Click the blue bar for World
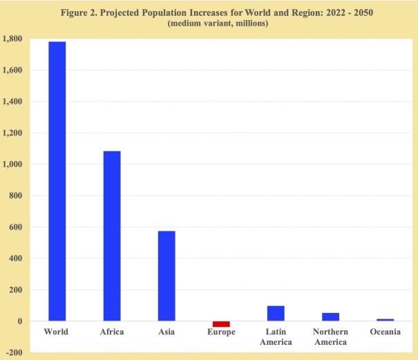pos(56,181)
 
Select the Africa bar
pos(111,236)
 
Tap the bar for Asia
pos(166,276)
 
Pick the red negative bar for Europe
pos(221,324)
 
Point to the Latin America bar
pos(276,313)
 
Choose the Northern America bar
pos(330,317)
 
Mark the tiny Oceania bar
pos(385,320)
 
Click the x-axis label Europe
pos(221,332)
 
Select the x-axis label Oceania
pos(385,332)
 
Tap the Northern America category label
pos(330,337)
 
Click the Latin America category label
pos(276,337)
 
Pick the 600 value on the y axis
pos(15,227)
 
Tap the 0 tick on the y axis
pos(20,321)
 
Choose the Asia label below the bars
pos(166,332)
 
